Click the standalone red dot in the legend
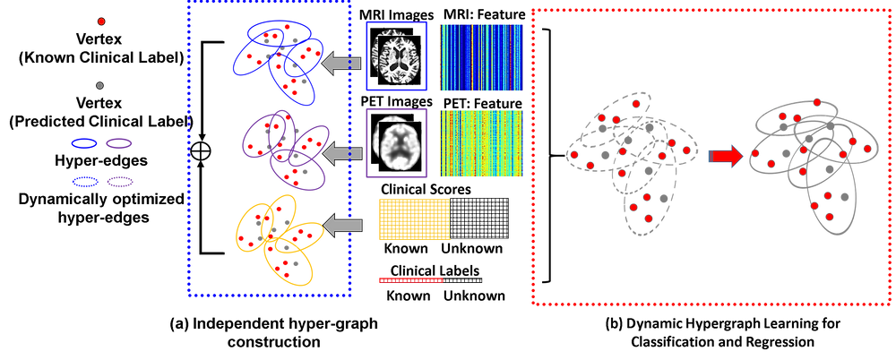[101, 20]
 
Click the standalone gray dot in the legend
[99, 86]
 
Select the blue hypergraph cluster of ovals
[279, 57]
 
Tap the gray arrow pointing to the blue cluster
[341, 64]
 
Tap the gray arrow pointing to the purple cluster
[341, 155]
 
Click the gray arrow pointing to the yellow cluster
[341, 227]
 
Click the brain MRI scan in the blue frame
[397, 57]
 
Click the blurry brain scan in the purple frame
[397, 144]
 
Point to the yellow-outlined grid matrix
[413, 219]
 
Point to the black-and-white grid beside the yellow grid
[479, 219]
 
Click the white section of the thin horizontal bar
[461, 281]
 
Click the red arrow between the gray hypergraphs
[727, 157]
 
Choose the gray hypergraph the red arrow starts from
[633, 161]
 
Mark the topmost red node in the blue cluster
[291, 30]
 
